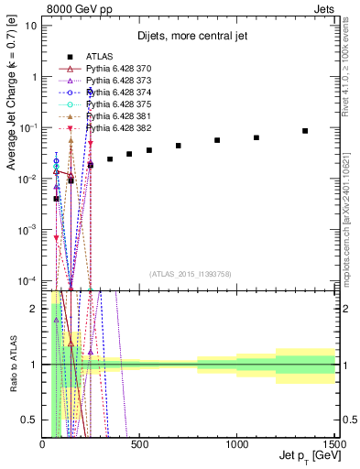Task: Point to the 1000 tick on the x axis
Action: point(237,442)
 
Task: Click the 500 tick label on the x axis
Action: point(140,442)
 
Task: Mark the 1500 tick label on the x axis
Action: point(333,442)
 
